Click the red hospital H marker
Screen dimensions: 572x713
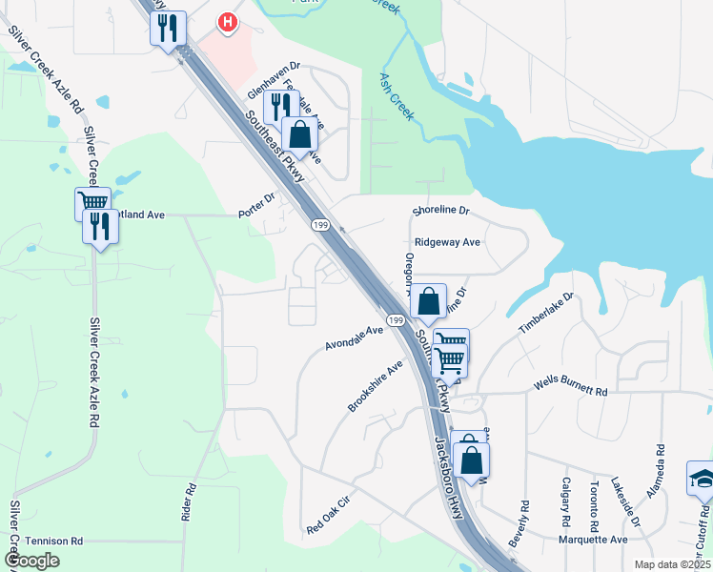tap(227, 22)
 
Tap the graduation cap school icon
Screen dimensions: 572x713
tap(701, 480)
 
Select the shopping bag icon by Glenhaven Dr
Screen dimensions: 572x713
tap(299, 135)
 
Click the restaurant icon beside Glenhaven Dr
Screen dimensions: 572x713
tap(280, 106)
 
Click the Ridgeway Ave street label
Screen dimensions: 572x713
tap(446, 242)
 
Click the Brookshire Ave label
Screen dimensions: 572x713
tap(376, 386)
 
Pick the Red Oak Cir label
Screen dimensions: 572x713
tap(330, 514)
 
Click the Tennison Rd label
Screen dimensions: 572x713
tap(56, 541)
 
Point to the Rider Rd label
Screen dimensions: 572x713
tap(189, 501)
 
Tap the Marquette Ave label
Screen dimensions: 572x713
tap(593, 539)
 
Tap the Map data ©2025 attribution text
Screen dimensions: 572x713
tap(672, 564)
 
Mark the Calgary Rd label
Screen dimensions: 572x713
tap(566, 503)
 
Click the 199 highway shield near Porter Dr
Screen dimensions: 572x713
tap(320, 225)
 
